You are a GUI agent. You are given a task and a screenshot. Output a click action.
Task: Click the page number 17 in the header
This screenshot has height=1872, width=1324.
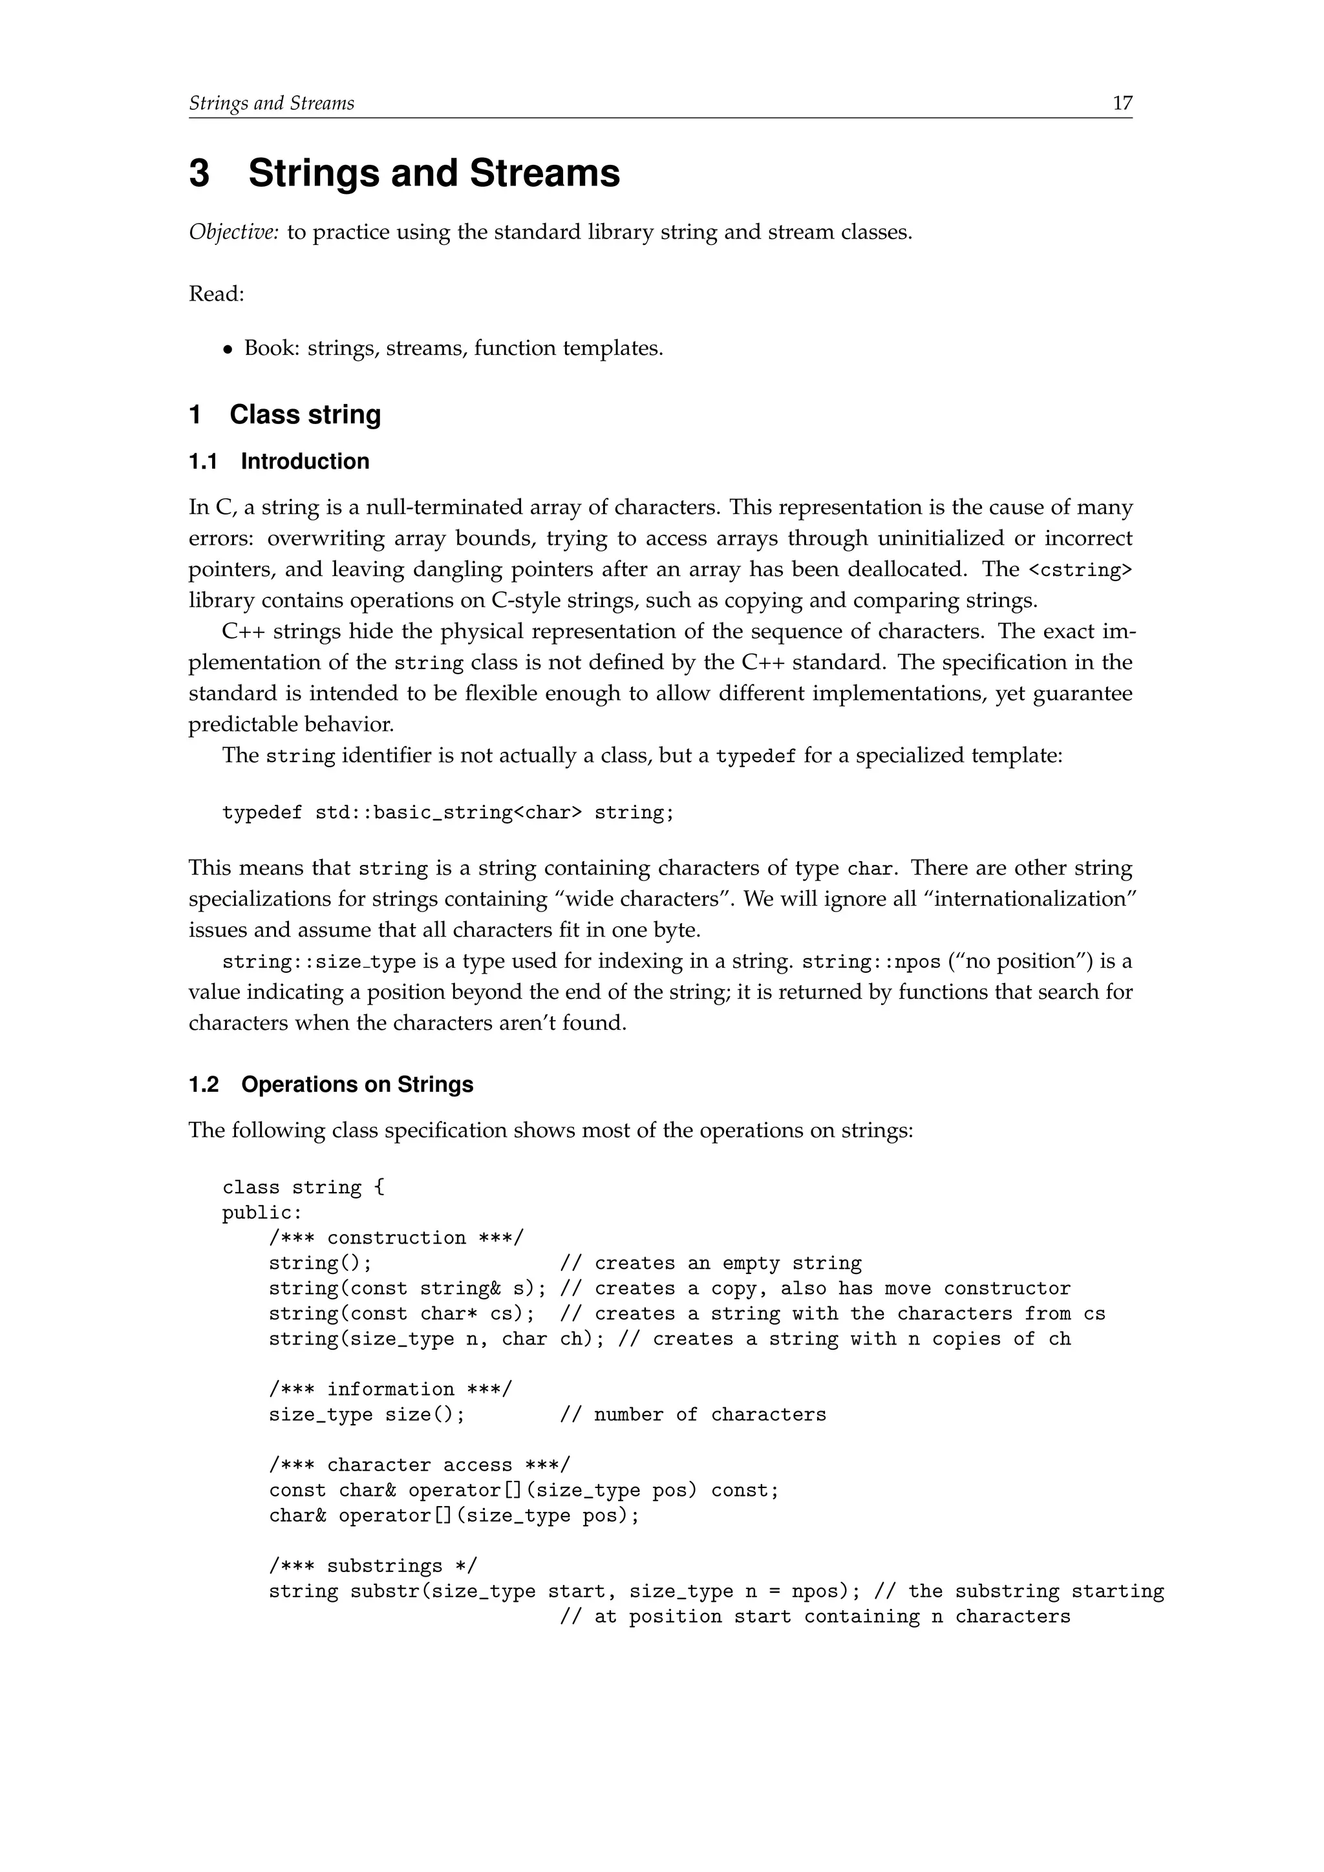1122,103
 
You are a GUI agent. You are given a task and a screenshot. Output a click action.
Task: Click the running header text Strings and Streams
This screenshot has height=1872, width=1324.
272,103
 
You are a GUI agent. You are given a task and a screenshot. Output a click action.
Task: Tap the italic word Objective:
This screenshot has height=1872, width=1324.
234,232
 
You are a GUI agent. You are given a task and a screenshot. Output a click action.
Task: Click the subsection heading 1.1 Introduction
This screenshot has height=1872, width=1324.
279,462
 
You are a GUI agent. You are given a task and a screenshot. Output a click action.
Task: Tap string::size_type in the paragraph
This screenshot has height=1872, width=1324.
319,962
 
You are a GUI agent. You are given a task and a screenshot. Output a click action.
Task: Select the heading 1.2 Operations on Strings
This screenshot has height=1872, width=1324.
331,1085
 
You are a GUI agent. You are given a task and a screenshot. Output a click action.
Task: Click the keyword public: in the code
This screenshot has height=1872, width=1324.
262,1213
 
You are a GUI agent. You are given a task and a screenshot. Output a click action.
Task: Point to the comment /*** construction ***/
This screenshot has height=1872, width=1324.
396,1239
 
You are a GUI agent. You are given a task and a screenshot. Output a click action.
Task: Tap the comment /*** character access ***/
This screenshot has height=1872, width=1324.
419,1466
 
